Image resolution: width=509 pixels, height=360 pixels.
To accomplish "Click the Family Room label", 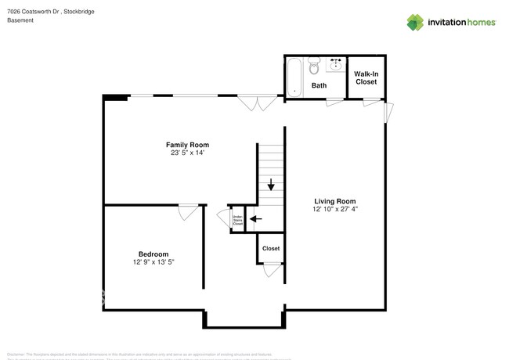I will (187, 145).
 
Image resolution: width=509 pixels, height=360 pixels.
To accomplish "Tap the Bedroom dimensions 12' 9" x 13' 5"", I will (153, 263).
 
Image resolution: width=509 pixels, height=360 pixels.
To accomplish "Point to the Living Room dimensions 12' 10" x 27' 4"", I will (335, 210).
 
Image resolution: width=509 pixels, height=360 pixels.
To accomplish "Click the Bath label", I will (319, 85).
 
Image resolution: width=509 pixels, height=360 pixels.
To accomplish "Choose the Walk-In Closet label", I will (366, 77).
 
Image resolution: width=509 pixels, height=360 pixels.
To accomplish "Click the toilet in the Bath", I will (315, 68).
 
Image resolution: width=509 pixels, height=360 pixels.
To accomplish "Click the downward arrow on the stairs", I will (271, 185).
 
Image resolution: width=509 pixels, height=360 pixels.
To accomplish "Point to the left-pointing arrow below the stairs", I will (254, 219).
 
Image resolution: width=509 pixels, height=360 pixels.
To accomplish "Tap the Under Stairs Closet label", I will (237, 220).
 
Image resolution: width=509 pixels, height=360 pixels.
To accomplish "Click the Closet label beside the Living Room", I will (271, 248).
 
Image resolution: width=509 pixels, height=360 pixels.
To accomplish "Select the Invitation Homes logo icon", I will (415, 22).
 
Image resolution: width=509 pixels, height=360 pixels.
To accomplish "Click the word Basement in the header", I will (20, 20).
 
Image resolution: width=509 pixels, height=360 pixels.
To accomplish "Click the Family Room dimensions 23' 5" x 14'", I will (187, 153).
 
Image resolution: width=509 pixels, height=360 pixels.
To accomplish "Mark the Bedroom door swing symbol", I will (188, 211).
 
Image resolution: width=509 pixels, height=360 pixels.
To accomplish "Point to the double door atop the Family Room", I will (251, 103).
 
